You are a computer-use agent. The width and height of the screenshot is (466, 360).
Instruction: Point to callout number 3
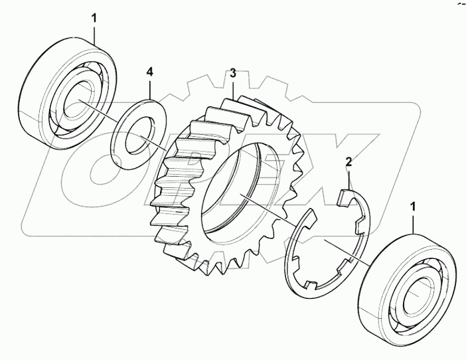[233, 72]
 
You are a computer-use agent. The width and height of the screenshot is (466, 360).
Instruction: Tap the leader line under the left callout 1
[94, 34]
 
